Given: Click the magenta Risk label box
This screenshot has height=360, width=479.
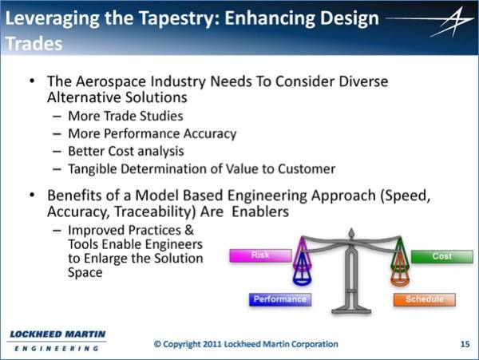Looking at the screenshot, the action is click(260, 255).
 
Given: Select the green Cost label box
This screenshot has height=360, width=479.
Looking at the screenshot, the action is click(442, 256).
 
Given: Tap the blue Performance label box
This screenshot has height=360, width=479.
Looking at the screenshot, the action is click(280, 299).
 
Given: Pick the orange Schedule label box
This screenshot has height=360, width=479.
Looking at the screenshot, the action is click(425, 299).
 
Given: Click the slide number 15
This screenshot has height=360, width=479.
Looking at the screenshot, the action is click(465, 344).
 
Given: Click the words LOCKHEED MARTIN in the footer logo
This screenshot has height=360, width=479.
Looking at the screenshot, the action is click(57, 334).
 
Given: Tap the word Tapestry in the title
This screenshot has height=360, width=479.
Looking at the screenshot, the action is click(179, 18).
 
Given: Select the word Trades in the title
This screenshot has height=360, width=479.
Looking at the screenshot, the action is click(34, 44).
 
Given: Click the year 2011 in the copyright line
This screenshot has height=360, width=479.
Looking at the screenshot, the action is click(212, 344).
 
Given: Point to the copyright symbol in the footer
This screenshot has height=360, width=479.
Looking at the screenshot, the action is click(157, 344).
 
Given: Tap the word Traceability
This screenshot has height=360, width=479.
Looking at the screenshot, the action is click(155, 212).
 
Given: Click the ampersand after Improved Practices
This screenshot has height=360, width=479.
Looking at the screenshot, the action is click(189, 230).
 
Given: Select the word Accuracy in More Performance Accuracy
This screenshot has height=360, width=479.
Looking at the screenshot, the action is click(209, 134).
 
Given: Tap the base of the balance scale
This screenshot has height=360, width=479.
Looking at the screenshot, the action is click(351, 311).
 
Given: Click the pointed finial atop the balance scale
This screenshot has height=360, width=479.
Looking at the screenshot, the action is click(351, 232).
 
